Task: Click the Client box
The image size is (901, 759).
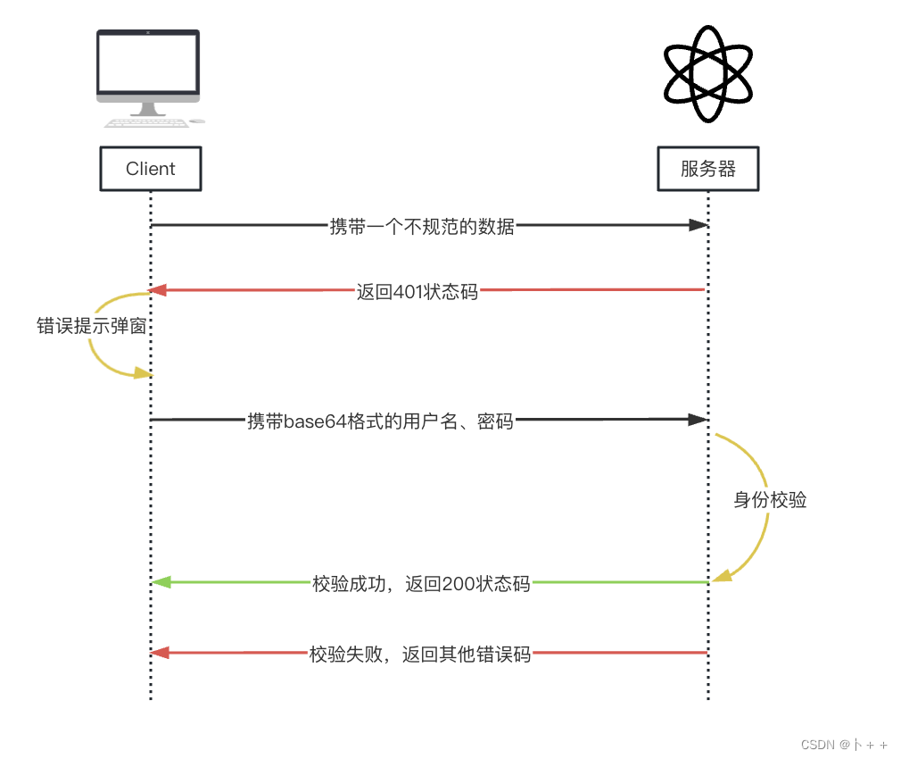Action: pyautogui.click(x=151, y=169)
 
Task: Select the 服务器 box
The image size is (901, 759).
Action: pyautogui.click(x=708, y=169)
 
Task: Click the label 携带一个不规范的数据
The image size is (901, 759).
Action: pyautogui.click(x=422, y=226)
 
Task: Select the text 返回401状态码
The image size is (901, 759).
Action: pyautogui.click(x=417, y=291)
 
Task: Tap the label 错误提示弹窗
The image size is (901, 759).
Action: pyautogui.click(x=91, y=326)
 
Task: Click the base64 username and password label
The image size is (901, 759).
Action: pyautogui.click(x=380, y=421)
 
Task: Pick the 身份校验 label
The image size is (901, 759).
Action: pyautogui.click(x=770, y=500)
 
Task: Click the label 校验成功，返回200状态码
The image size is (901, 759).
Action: pyautogui.click(x=421, y=584)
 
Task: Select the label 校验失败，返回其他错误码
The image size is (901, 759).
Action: pyautogui.click(x=419, y=655)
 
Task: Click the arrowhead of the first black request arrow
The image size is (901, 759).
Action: pyautogui.click(x=698, y=225)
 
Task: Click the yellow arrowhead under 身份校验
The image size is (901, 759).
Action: pyautogui.click(x=723, y=575)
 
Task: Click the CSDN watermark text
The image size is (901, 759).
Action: pyautogui.click(x=843, y=744)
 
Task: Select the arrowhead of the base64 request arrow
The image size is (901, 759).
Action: pyautogui.click(x=698, y=419)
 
